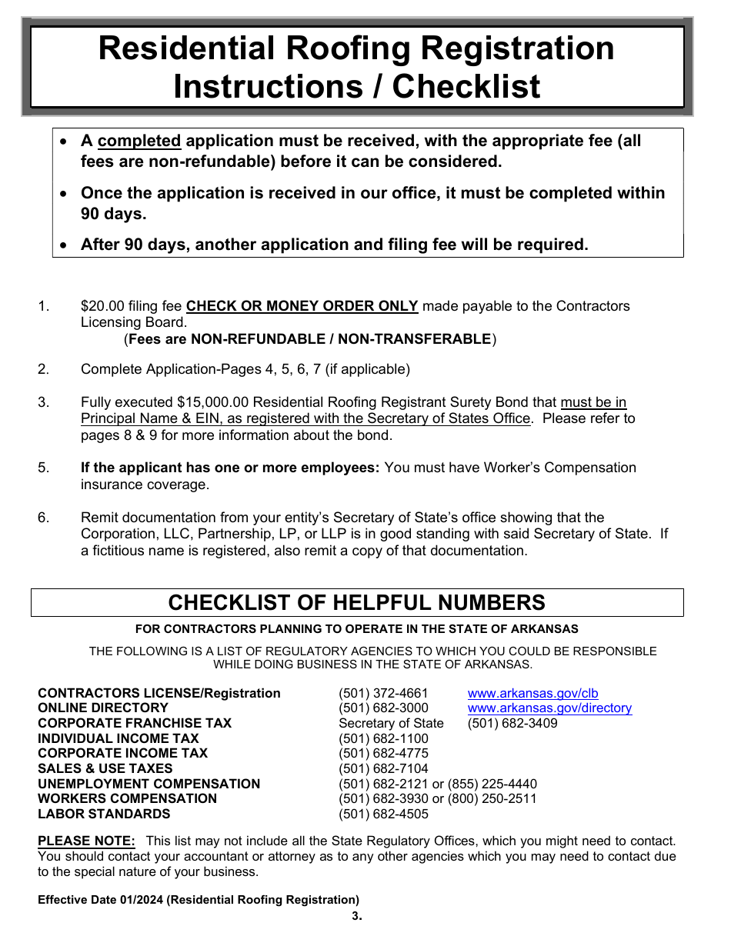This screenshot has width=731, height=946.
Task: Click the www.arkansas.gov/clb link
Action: click(532, 693)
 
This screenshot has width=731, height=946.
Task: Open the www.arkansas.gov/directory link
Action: click(549, 708)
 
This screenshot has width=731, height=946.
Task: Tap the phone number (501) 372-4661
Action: click(383, 693)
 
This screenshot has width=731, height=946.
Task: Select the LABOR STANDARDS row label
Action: click(104, 814)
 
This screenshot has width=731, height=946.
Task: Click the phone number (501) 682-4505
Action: click(383, 814)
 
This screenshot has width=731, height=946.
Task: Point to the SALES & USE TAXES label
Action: click(105, 768)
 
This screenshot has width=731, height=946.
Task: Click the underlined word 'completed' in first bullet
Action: click(139, 141)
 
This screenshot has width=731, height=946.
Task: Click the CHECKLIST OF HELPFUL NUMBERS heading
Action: click(357, 602)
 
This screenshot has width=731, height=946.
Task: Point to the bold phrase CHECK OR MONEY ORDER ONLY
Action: click(302, 306)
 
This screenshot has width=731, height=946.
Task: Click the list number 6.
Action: click(43, 518)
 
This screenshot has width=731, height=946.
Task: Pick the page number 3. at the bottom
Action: click(356, 915)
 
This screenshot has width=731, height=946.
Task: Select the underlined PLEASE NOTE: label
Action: click(86, 841)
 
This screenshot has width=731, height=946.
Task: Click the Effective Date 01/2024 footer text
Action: click(198, 899)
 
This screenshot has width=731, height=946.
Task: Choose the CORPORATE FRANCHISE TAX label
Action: click(135, 723)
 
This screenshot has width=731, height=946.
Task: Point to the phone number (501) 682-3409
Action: click(512, 723)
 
